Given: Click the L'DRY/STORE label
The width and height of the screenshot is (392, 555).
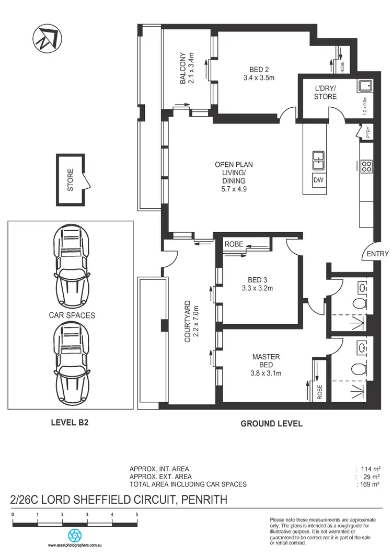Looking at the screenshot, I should point(325,93).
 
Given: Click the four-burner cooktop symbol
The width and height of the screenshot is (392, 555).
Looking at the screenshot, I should point(366,166).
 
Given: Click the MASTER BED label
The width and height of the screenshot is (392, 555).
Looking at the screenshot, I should point(266,360).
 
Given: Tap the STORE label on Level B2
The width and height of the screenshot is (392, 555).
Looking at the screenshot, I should point(71,179).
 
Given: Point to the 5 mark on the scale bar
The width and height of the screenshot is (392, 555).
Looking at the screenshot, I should point(137,515).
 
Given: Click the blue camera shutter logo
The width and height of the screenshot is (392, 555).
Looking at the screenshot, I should point(75,535).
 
